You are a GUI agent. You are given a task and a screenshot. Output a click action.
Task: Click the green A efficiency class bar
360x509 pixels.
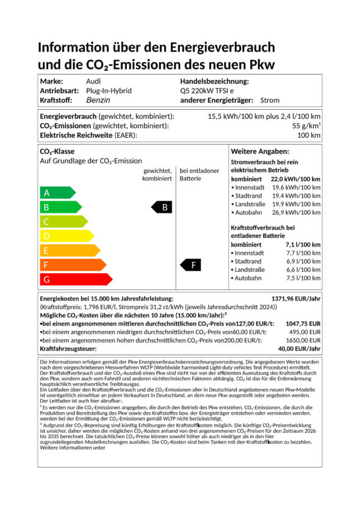pos(52,193)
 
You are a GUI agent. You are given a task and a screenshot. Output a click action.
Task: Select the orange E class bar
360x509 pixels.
pos(60,251)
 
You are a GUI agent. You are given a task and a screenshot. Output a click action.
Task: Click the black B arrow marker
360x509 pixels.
pos(163,207)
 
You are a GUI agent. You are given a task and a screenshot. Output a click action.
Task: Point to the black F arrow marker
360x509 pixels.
pos(192,265)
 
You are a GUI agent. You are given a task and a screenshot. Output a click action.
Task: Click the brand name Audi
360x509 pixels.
pos(94,81)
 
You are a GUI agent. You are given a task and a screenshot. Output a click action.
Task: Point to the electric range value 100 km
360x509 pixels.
pos(309,135)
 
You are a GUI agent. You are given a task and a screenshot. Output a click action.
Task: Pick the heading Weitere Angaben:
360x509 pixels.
pos(259,151)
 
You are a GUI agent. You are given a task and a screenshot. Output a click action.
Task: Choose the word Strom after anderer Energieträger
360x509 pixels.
pos(270,100)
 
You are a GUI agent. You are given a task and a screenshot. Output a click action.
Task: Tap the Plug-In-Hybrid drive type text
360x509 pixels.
pos(109,90)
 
